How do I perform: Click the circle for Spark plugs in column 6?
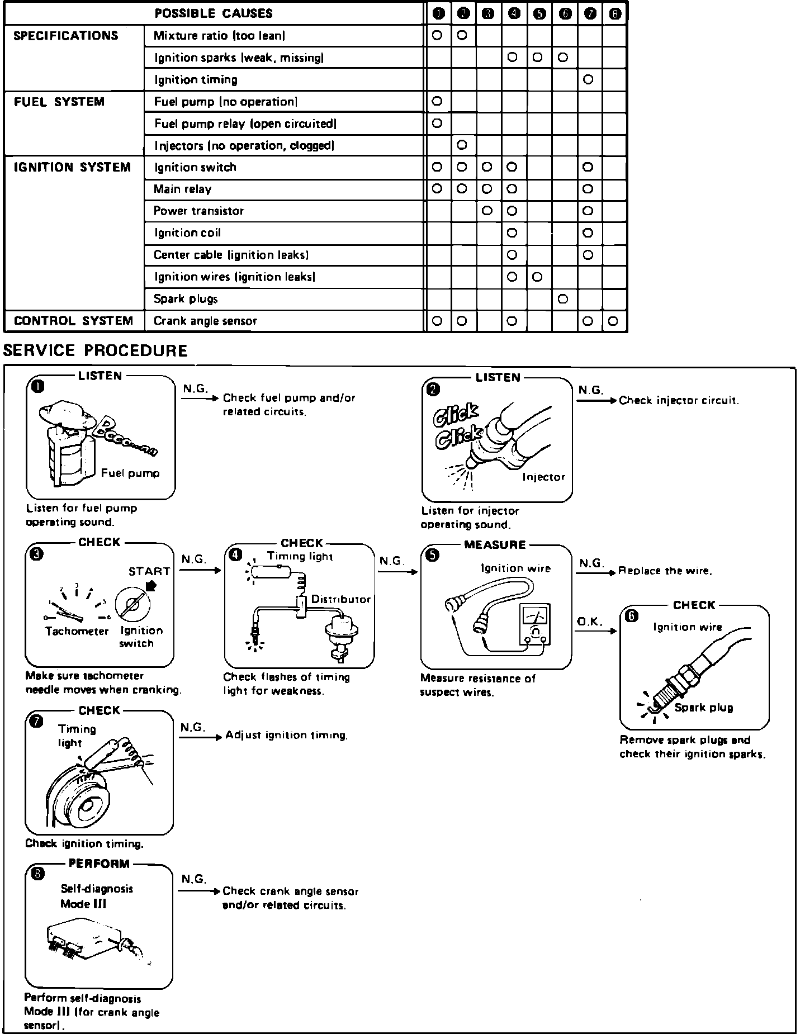click(563, 299)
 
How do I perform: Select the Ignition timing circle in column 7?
click(588, 80)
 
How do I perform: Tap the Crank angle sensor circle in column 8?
click(613, 321)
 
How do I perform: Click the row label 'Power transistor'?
click(198, 211)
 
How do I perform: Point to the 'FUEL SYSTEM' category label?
click(59, 102)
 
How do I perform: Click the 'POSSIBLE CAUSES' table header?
click(214, 13)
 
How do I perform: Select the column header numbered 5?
click(539, 14)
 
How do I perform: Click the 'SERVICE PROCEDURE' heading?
click(96, 350)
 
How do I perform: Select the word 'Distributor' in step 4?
click(341, 599)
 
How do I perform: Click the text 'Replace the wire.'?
click(665, 571)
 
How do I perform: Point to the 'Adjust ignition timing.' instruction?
click(286, 736)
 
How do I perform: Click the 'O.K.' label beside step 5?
click(589, 622)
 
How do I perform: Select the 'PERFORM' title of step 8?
click(99, 864)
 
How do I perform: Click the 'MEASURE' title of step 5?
click(495, 544)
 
